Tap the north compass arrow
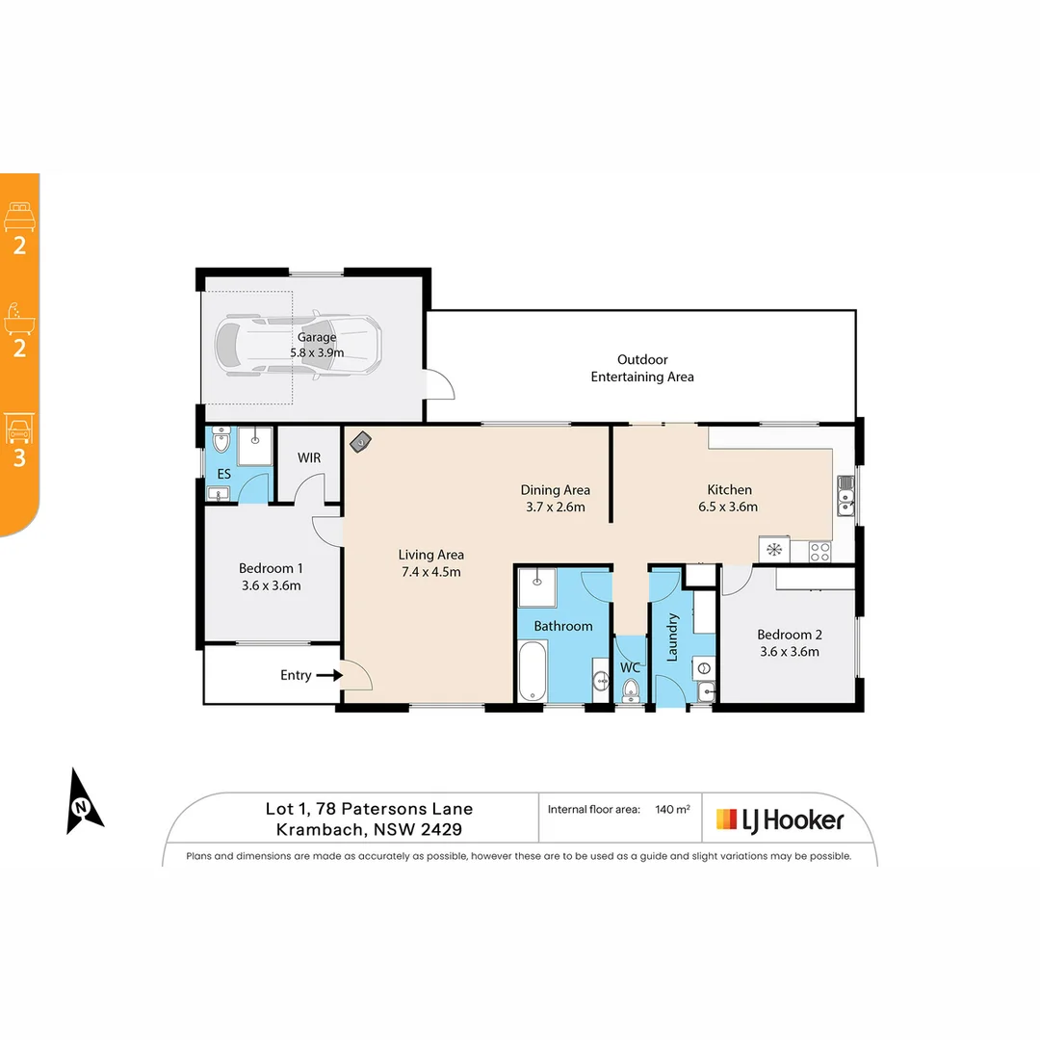tap(83, 801)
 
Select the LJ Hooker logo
tap(780, 819)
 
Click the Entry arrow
tap(329, 675)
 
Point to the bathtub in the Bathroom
tap(533, 672)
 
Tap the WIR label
tap(309, 457)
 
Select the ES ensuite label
tap(223, 474)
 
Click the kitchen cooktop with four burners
tap(819, 551)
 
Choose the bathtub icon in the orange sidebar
tap(19, 317)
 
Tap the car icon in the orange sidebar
tap(19, 427)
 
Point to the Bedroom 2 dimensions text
tap(790, 651)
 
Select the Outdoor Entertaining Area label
tap(642, 368)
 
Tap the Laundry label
tap(673, 637)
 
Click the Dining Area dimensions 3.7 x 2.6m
tap(556, 507)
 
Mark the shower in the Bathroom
tap(536, 587)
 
